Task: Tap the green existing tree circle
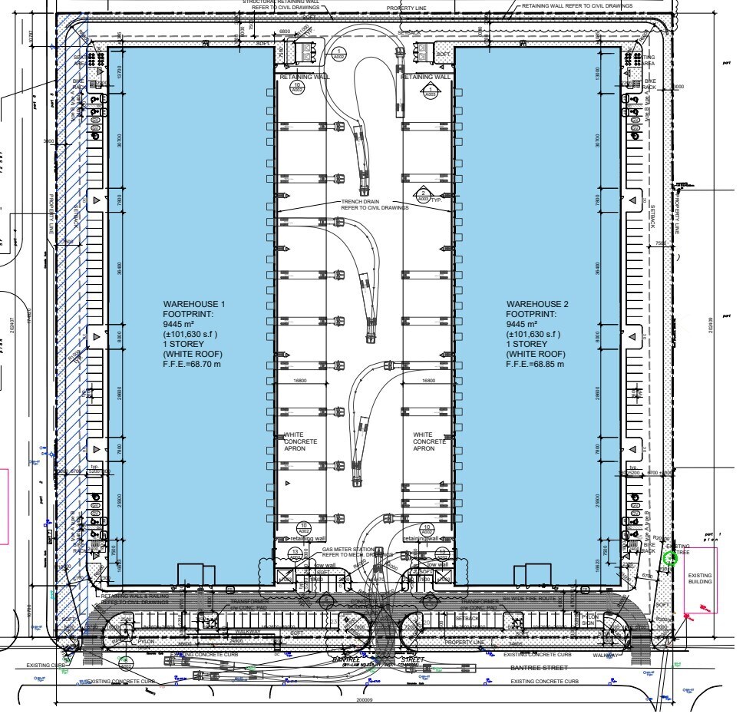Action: coord(669,558)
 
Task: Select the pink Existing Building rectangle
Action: coord(699,579)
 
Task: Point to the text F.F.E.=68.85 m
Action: coord(535,364)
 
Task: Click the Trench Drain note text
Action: coord(368,205)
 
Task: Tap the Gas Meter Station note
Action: coord(354,552)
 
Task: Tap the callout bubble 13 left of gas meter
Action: coord(294,553)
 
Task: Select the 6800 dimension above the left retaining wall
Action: coord(284,31)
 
